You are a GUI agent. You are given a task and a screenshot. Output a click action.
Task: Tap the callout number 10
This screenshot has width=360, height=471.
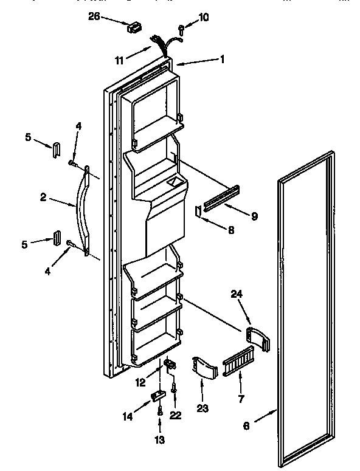click(203, 17)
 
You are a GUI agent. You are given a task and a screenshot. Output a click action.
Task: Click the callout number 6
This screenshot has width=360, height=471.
click(246, 426)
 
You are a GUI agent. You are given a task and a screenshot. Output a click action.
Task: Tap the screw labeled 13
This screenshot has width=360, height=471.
click(159, 411)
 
